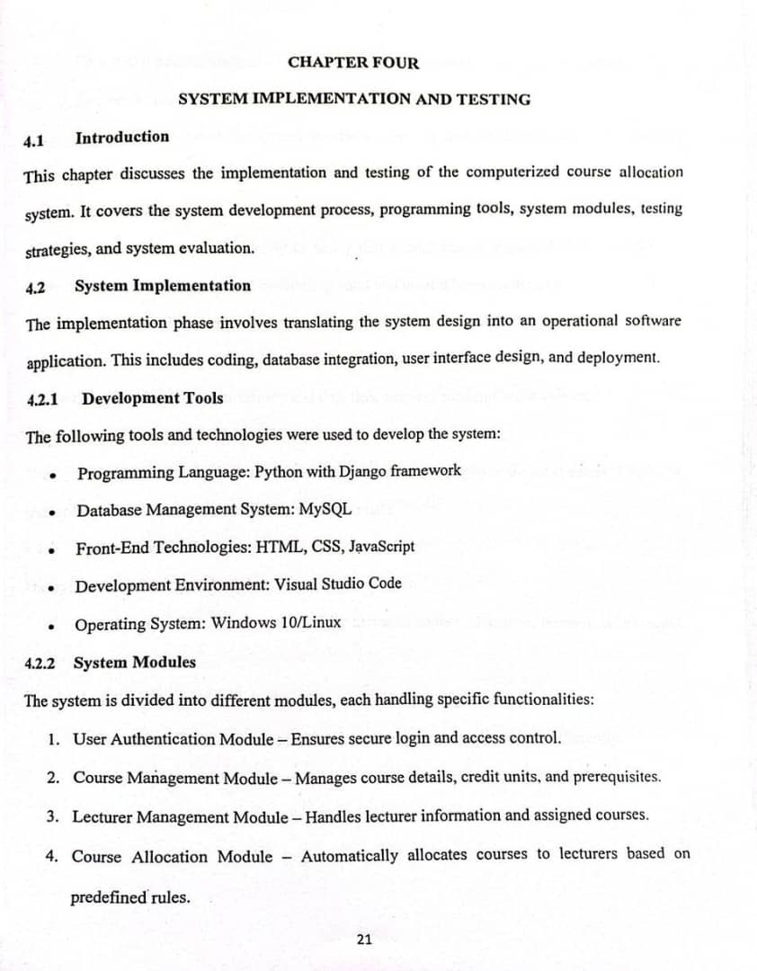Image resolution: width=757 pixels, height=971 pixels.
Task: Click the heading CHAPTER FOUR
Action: point(353,62)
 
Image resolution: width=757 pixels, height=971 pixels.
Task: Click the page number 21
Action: point(364,940)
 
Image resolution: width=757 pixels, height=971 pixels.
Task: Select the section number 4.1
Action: point(33,141)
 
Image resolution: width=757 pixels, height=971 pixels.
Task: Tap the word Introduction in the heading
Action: point(122,137)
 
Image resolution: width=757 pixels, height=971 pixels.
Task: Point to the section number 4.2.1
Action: point(43,398)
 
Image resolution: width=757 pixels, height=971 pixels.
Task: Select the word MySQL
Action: point(325,509)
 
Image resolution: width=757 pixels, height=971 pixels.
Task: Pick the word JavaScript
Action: point(381,546)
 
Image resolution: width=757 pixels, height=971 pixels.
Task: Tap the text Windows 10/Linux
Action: point(276,622)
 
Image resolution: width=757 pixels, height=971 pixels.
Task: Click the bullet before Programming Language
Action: point(55,476)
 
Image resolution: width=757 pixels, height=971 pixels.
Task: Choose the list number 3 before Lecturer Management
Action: point(53,817)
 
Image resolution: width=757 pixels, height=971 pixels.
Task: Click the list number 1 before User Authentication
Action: point(55,740)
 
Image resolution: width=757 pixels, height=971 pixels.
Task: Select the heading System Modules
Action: point(134,663)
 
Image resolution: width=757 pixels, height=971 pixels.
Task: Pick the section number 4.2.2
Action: point(40,664)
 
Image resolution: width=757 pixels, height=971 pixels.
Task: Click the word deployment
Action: point(617,357)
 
